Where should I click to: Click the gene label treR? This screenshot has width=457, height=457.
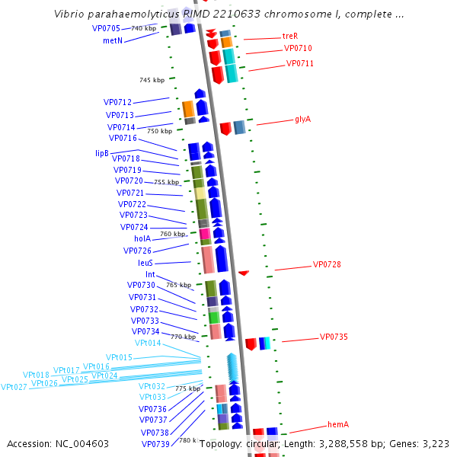coord(289,36)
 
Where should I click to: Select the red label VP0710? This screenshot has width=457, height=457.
coord(298,48)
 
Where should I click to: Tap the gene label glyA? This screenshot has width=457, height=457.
coord(302,119)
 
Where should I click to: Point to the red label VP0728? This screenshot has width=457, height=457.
coord(327,265)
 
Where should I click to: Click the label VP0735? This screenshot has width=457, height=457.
coord(334,337)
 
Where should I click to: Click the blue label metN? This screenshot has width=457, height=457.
coord(113,41)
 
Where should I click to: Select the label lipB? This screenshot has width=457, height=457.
coord(102,153)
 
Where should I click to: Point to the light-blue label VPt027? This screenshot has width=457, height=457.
coord(14,387)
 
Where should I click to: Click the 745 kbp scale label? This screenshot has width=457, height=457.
coord(152,80)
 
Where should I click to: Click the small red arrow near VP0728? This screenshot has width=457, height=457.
coord(244,273)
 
